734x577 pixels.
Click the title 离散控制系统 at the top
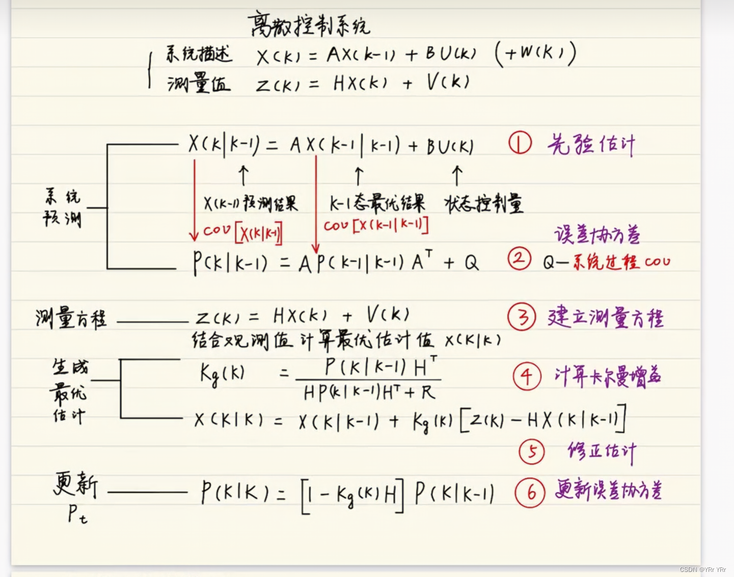coord(309,25)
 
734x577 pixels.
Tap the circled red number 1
coord(520,143)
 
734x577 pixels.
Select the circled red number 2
coord(519,259)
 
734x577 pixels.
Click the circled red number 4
coord(527,377)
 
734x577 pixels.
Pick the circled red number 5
coord(532,452)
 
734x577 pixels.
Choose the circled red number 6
coord(530,492)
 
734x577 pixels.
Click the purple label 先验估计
coord(591,145)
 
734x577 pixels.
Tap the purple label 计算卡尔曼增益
coord(608,377)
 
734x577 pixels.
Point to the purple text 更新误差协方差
coord(608,490)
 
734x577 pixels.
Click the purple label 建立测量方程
coord(606,318)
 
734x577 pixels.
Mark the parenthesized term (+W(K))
coord(535,54)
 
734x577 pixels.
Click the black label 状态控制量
coord(484,204)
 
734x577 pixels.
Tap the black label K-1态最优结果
coord(377,204)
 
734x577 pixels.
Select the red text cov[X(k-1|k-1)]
coord(376,225)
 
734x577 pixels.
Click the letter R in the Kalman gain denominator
coord(427,392)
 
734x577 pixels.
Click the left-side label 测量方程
coord(71,319)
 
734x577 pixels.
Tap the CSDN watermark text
coord(702,569)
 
